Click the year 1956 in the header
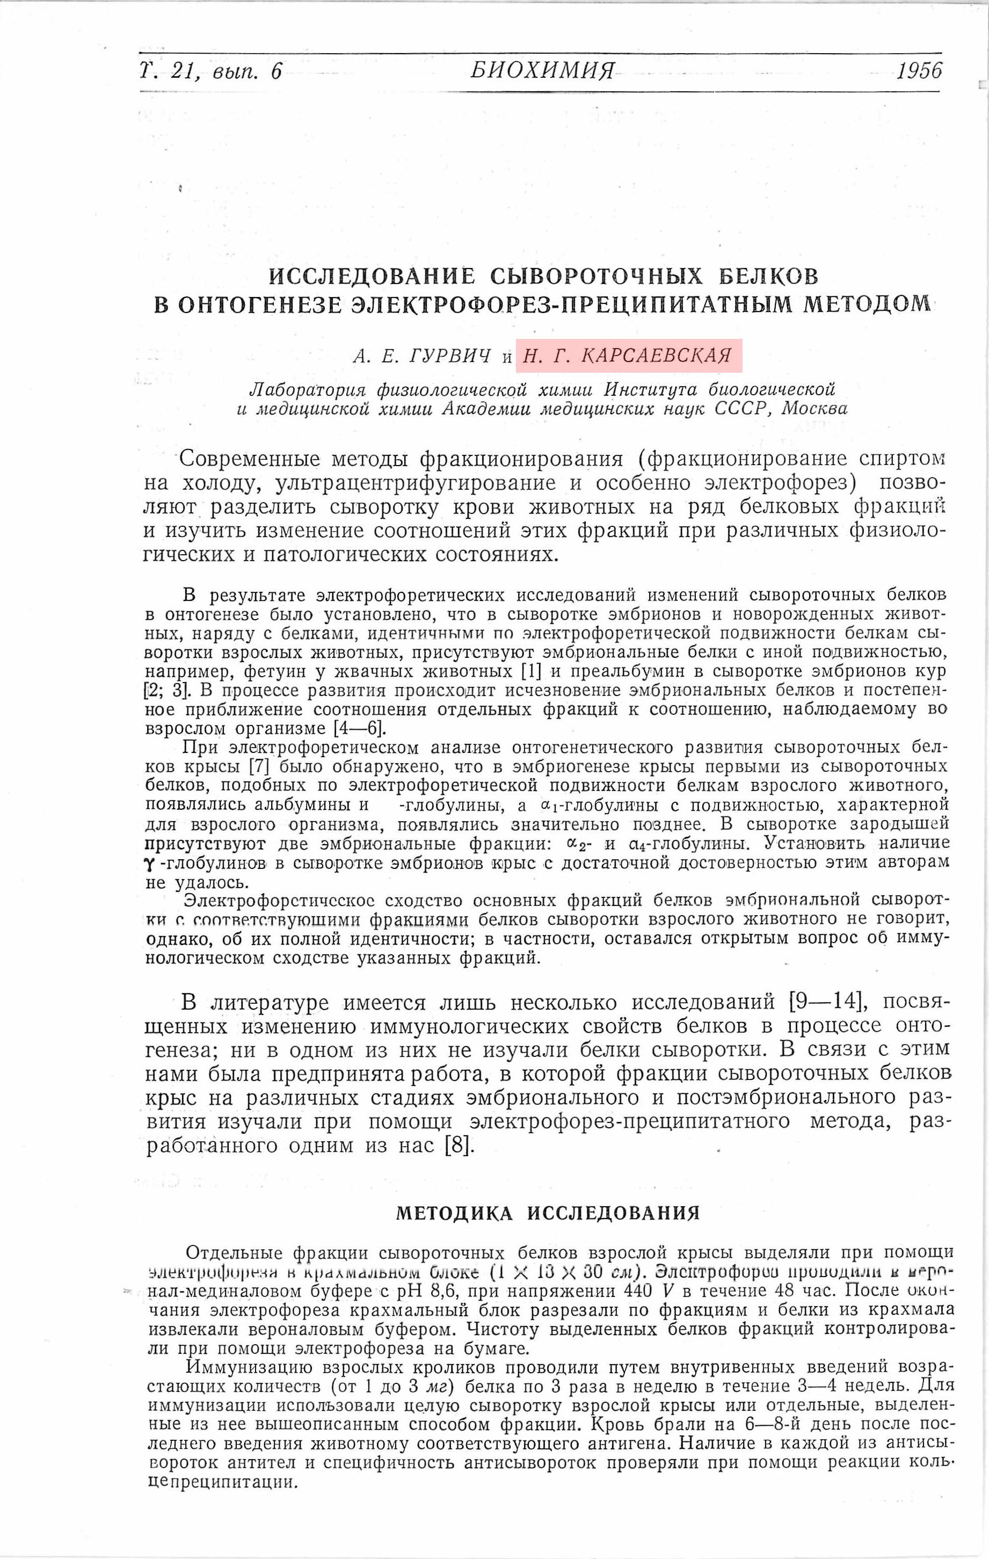coord(919,70)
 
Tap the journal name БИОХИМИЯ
coord(542,70)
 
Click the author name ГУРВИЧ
coord(450,356)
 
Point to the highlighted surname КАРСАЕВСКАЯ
coord(656,356)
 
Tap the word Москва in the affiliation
coord(815,409)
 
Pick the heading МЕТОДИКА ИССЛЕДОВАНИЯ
coord(548,1213)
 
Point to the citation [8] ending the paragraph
coord(460,1145)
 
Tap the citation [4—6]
coord(359,728)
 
